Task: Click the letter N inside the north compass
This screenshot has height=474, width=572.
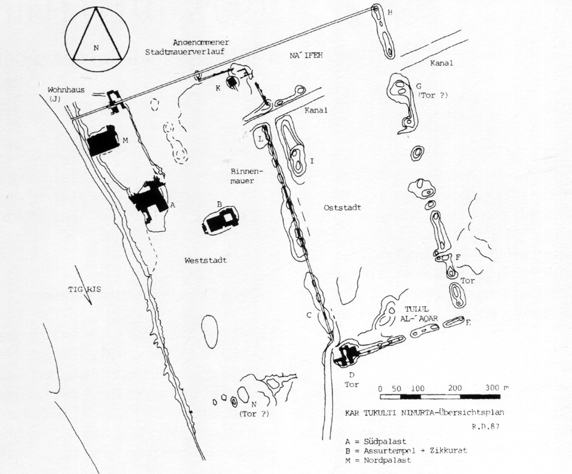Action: point(96,47)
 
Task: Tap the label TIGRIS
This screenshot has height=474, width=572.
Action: point(85,289)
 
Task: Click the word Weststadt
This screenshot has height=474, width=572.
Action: point(206,260)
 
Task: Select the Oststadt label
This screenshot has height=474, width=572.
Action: point(342,208)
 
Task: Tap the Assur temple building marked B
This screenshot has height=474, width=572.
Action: point(220,221)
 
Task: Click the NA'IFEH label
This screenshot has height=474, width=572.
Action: point(306,56)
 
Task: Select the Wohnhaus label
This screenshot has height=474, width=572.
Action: point(66,90)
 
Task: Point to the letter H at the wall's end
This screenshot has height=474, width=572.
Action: point(389,13)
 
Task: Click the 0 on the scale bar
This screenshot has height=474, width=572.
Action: point(380,388)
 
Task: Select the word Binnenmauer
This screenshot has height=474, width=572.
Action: point(242,175)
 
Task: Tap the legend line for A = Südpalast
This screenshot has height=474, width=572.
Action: point(375,442)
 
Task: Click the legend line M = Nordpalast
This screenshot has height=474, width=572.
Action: point(378,460)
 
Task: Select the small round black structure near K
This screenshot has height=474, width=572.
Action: point(232,82)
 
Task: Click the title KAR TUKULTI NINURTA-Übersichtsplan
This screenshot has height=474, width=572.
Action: point(425,413)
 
